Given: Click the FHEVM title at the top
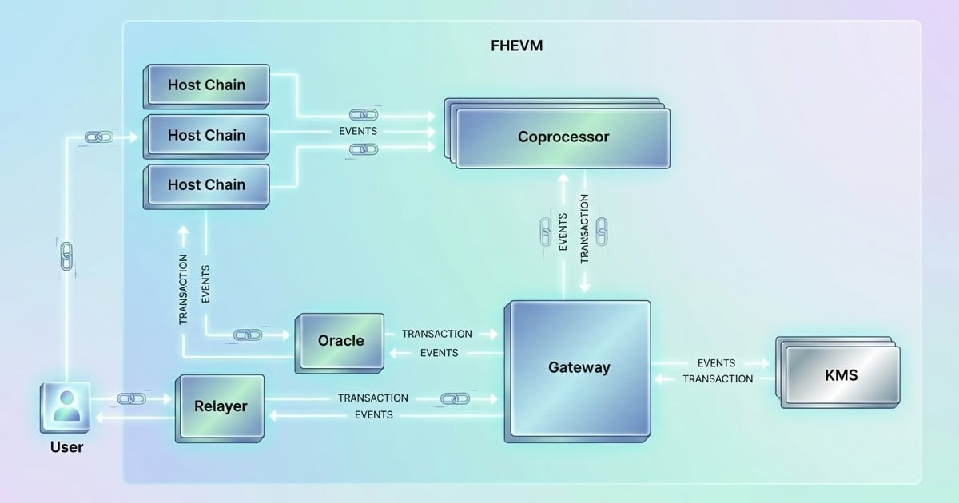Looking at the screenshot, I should pos(516,46).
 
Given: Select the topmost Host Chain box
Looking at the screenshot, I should pos(206,85).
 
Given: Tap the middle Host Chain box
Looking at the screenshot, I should pos(206,135).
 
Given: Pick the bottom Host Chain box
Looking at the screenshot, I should pos(206,184).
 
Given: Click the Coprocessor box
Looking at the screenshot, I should pos(563,137).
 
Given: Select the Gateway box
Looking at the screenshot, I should pos(579,368).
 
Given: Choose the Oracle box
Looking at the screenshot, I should pos(340,341).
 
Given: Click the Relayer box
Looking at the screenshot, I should pos(221,406).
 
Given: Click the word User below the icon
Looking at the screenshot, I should pos(66,447).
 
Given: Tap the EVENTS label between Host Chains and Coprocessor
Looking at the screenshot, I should pos(358,131).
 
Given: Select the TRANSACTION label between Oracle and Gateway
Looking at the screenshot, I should pos(436,334).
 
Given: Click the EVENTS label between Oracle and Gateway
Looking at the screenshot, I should pos(439,353).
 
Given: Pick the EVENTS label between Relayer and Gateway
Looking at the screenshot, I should pos(374,415).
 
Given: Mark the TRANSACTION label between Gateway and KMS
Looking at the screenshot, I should pos(718,379).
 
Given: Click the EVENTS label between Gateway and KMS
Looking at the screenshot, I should pos(716,363).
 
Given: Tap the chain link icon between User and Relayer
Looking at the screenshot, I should pos(131,398).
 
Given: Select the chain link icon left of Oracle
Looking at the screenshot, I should pos(248,335).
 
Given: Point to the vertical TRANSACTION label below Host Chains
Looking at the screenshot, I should pos(183,289).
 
